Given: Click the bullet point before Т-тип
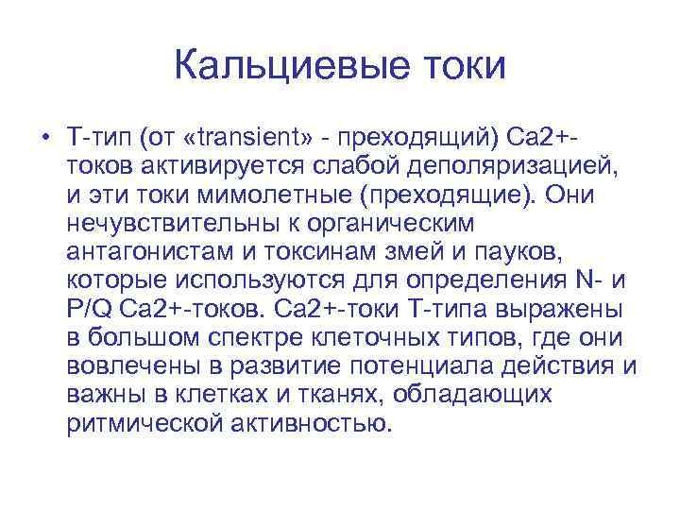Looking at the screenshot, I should pyautogui.click(x=44, y=142).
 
